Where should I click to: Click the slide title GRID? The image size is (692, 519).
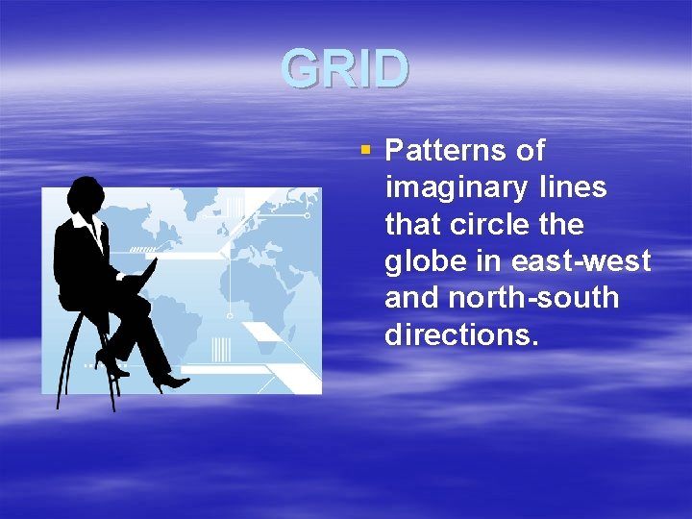(346, 69)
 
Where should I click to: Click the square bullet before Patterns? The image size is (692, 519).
(364, 150)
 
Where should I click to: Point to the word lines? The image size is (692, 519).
(572, 187)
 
